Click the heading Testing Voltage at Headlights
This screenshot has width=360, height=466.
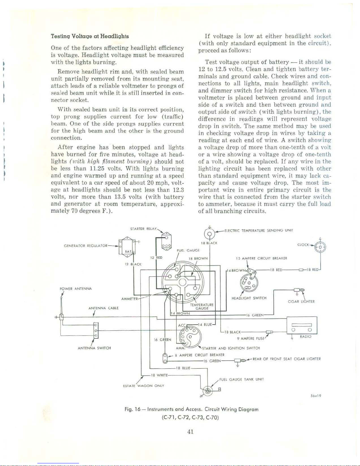click(90, 36)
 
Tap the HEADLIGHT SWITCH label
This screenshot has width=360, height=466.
click(249, 298)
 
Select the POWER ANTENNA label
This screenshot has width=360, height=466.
click(76, 289)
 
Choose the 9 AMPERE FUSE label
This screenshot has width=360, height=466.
click(250, 338)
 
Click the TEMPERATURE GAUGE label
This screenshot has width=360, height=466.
click(202, 307)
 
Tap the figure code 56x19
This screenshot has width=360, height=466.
click(316, 395)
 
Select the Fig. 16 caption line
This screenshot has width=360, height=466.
click(191, 409)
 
